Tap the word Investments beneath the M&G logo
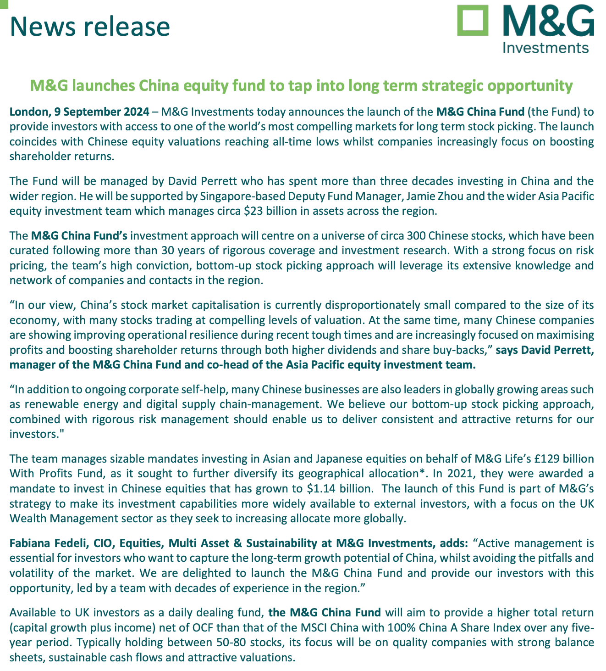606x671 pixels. pyautogui.click(x=545, y=47)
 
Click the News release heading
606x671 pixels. pyautogui.click(x=90, y=26)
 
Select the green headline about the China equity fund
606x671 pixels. pyautogui.click(x=302, y=85)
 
